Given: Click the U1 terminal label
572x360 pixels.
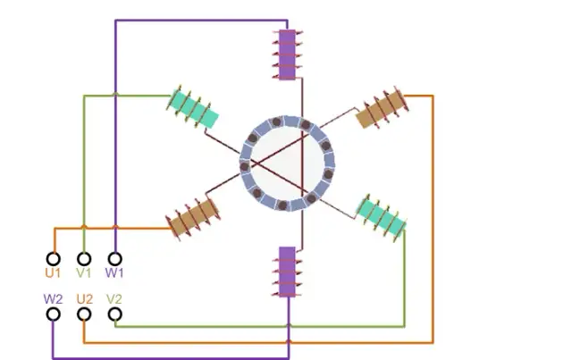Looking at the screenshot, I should (54, 272).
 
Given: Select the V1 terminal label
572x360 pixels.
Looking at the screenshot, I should (84, 272).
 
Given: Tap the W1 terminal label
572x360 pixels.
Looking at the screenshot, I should (114, 272).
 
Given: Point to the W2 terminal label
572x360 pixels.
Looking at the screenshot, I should (54, 298).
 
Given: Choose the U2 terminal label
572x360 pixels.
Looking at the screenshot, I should (84, 298).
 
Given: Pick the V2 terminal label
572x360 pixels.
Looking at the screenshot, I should (114, 298).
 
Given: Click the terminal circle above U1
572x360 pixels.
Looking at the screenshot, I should (54, 258).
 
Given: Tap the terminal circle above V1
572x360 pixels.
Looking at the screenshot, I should (84, 258).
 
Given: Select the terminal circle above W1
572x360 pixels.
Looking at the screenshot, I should (114, 258).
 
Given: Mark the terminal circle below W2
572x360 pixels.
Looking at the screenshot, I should (54, 314).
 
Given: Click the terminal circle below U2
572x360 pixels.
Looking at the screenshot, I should (84, 314).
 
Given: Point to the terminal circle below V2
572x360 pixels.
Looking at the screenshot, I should (114, 314).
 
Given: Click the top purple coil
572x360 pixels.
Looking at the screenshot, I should (287, 54).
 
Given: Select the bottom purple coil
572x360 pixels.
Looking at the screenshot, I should (287, 272).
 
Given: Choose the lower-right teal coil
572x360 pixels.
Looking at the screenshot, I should (382, 215).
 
